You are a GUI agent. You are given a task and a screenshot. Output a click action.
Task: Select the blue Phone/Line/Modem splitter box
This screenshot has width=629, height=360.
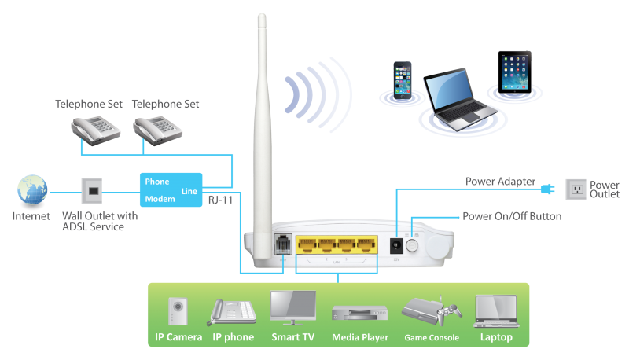point(171,191)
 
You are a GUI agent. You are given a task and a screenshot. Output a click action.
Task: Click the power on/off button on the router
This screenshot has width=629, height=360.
point(411,245)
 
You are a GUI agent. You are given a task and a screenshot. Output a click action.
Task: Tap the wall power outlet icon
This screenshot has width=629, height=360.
point(576,189)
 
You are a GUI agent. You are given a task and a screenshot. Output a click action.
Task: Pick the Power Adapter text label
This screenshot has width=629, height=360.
point(500,182)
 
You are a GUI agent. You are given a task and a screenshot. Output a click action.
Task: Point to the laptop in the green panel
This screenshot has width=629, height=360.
point(495,311)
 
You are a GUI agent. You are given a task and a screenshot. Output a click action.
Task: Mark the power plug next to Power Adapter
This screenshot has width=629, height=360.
point(548,189)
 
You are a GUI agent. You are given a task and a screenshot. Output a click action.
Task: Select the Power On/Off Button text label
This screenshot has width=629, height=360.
point(511,216)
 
